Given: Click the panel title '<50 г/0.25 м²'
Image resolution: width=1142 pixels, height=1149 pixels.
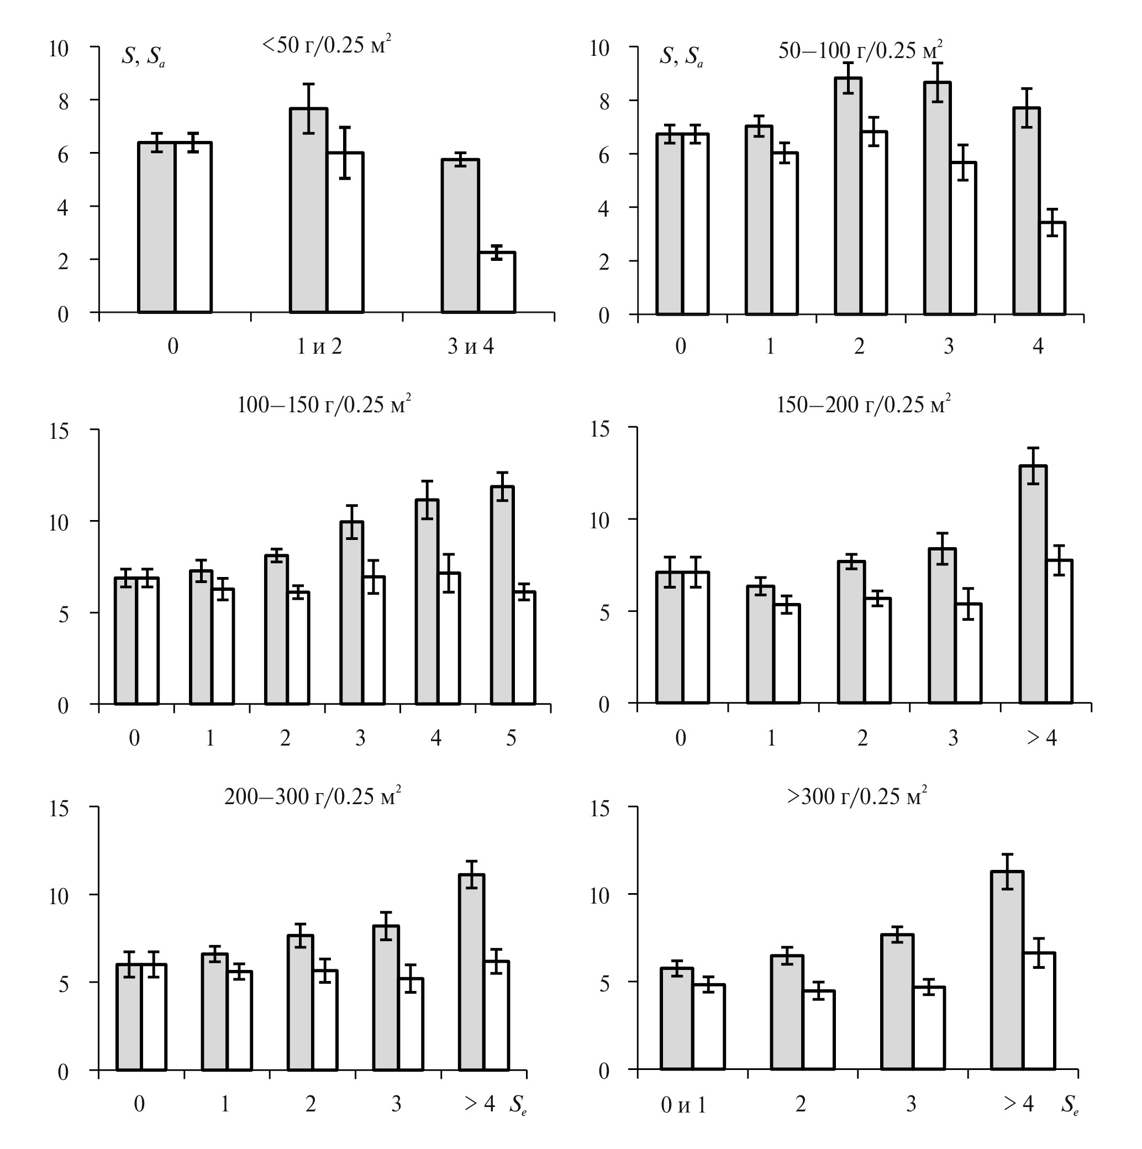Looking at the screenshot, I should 327,46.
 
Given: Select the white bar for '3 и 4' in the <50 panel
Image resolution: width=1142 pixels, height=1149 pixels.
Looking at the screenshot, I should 497,282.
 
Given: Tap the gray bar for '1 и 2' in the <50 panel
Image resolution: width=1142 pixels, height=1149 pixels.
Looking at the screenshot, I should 308,211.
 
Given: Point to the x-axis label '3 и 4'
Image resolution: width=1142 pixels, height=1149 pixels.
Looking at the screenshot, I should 470,346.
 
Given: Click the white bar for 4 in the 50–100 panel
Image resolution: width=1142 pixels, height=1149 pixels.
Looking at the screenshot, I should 1052,268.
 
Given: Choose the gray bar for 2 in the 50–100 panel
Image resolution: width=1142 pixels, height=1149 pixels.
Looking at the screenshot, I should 848,196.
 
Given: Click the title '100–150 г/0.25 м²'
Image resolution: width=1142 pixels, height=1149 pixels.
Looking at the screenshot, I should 324,405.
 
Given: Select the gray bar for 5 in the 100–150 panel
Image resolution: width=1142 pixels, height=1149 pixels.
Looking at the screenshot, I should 502,595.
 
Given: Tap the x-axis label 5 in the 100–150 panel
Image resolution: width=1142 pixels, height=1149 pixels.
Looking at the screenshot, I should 511,738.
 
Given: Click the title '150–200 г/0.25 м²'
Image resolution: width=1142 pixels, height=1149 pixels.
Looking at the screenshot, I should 863,405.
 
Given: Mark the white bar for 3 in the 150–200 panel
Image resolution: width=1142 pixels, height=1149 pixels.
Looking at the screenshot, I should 969,654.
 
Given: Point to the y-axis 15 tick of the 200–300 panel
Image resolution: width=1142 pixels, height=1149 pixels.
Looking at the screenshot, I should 59,808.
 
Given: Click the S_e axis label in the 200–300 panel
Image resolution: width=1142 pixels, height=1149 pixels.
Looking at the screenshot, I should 518,1105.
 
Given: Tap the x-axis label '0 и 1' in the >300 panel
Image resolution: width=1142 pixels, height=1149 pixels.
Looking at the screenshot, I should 683,1105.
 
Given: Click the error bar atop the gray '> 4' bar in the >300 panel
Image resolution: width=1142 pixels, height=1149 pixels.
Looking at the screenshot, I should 1007,872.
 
